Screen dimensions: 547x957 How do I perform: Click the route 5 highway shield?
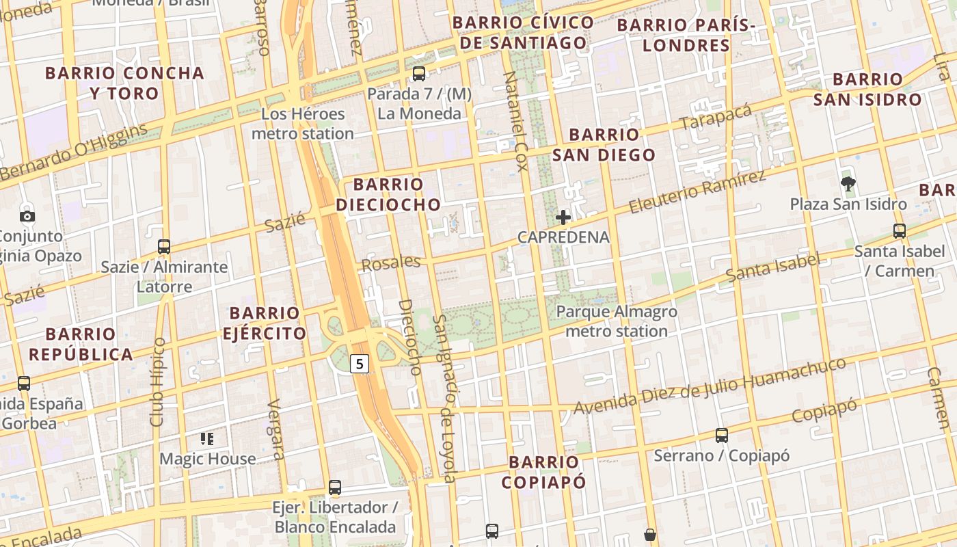pos(360,364)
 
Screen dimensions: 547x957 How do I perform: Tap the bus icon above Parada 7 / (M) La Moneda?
pos(418,73)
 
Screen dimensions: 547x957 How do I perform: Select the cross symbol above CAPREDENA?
pos(563,217)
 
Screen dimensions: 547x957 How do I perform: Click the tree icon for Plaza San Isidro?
pos(848,183)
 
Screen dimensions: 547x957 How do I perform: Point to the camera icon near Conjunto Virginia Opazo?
pos(27,217)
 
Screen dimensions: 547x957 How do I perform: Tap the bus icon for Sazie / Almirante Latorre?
pos(163,246)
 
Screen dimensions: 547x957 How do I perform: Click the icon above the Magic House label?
pos(207,438)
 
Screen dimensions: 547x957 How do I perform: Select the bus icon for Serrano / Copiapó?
pos(721,435)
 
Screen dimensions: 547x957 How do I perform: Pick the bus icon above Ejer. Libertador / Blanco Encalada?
pos(334,487)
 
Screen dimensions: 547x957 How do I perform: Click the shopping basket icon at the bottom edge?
pos(650,535)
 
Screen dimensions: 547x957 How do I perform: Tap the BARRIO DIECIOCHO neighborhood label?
pos(388,194)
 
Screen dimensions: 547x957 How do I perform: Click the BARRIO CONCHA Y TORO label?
pos(124,83)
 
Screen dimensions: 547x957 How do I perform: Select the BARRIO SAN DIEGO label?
pos(604,144)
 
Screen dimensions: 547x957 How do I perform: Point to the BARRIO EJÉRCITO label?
pos(265,323)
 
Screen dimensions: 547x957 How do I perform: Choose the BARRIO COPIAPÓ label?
pos(543,472)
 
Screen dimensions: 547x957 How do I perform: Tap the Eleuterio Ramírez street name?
pos(697,191)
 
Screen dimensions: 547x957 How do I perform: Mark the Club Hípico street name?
pos(158,382)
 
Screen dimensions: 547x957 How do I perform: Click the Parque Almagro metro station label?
pos(617,321)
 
